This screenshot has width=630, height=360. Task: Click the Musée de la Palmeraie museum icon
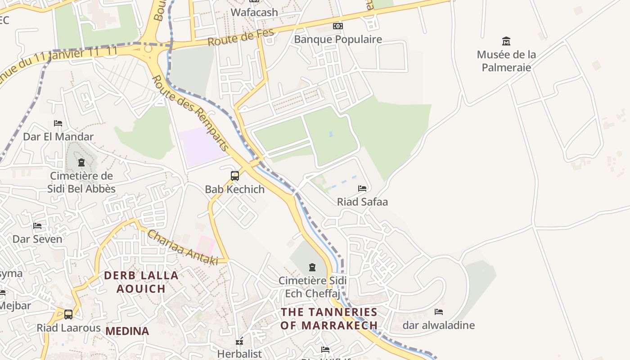click(x=506, y=41)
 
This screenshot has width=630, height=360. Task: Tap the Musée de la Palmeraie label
click(x=506, y=61)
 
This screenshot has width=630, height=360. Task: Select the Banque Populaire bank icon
click(x=337, y=26)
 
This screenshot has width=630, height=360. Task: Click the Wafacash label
click(x=254, y=12)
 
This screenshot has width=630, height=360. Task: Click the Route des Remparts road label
click(x=191, y=113)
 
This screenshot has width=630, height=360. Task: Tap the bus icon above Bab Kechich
click(x=234, y=176)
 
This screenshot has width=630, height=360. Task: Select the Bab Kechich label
click(x=234, y=189)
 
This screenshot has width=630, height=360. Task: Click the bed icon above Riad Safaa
click(x=362, y=189)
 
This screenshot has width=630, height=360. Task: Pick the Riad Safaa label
click(x=362, y=202)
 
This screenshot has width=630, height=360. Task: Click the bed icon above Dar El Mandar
click(x=58, y=123)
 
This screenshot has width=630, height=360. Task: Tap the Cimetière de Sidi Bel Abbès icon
click(x=81, y=162)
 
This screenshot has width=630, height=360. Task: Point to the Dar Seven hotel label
click(x=37, y=239)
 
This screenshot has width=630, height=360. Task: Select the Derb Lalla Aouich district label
click(x=141, y=282)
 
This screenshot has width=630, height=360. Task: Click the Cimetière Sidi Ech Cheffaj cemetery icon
click(x=312, y=267)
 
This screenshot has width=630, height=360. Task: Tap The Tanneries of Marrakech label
click(x=329, y=319)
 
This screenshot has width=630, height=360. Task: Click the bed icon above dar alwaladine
click(x=438, y=312)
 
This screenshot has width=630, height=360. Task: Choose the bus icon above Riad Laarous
click(x=68, y=315)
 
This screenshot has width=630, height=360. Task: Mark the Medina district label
click(x=127, y=331)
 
